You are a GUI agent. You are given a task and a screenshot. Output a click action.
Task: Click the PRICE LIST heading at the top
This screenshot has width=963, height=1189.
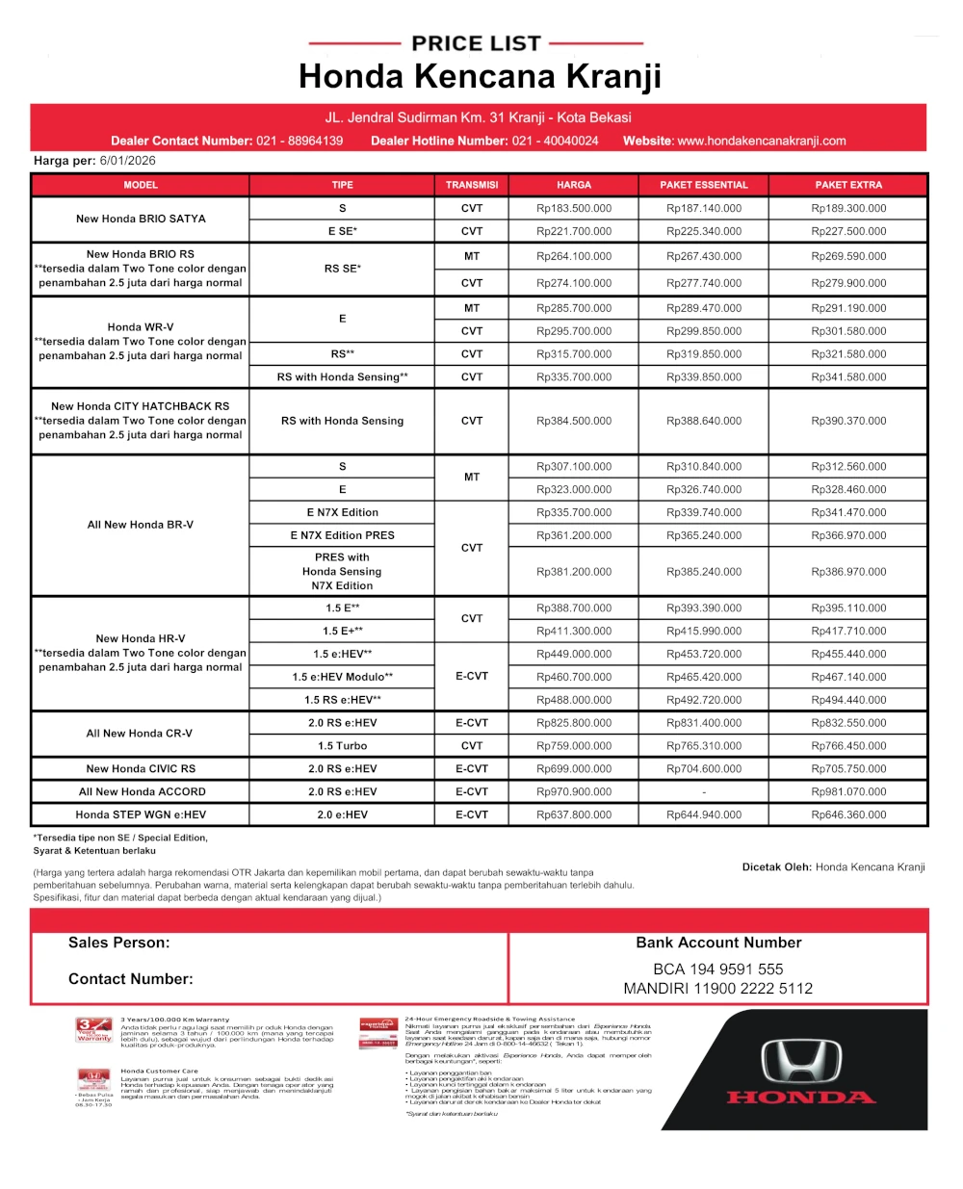[476, 43]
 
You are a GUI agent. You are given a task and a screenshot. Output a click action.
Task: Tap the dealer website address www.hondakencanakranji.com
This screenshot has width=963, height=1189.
[761, 141]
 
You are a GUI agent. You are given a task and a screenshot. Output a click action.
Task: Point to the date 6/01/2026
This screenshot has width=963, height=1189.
[127, 161]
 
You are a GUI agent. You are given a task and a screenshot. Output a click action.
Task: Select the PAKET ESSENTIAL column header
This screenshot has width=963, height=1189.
[703, 185]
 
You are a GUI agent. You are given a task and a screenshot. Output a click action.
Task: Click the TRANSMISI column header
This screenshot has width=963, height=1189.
[472, 185]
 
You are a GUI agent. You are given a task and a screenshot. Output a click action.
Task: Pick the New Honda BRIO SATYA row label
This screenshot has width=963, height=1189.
[141, 219]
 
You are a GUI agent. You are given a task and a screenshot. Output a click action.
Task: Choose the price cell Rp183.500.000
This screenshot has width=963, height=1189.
[574, 208]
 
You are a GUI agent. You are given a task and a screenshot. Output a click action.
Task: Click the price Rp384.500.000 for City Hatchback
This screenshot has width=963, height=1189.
[574, 421]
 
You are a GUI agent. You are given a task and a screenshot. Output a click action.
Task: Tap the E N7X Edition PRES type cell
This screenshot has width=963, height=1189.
[342, 535]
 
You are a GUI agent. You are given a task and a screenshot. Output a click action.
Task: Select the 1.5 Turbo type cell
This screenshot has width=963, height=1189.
[342, 746]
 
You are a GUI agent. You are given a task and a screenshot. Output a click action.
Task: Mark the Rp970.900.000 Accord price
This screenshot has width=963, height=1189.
[574, 792]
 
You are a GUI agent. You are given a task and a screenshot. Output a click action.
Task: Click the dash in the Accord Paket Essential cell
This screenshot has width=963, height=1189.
[704, 792]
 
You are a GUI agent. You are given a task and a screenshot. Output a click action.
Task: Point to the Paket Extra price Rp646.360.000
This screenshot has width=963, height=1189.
[848, 815]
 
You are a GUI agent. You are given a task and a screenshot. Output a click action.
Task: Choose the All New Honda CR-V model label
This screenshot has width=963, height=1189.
[140, 734]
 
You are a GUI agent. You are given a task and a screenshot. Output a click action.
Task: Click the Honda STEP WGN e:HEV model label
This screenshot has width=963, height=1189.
[141, 815]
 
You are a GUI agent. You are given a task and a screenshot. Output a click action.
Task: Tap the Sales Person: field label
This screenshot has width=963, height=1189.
[118, 943]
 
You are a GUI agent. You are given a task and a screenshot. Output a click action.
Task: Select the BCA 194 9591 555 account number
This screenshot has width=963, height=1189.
[718, 969]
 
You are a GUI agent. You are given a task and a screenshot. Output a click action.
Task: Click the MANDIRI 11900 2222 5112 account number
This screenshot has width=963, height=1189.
[718, 989]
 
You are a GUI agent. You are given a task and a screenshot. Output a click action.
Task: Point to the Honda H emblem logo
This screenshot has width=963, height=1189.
[801, 1062]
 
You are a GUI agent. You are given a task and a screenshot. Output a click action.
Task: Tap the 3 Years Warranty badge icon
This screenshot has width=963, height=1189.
[93, 1030]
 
